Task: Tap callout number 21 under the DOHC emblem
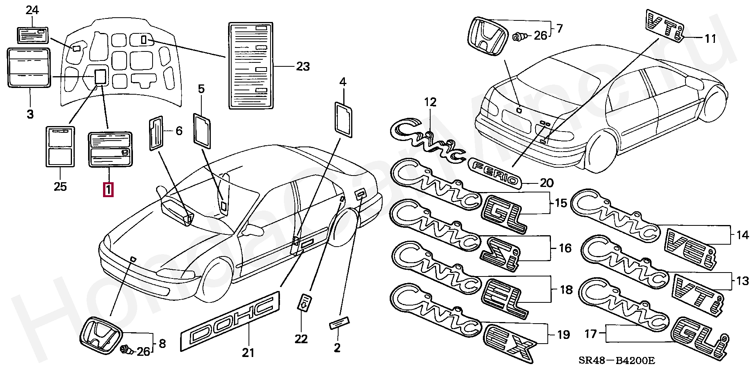click(x=248, y=353)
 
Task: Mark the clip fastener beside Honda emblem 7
click(x=520, y=37)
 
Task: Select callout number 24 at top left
click(x=32, y=10)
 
